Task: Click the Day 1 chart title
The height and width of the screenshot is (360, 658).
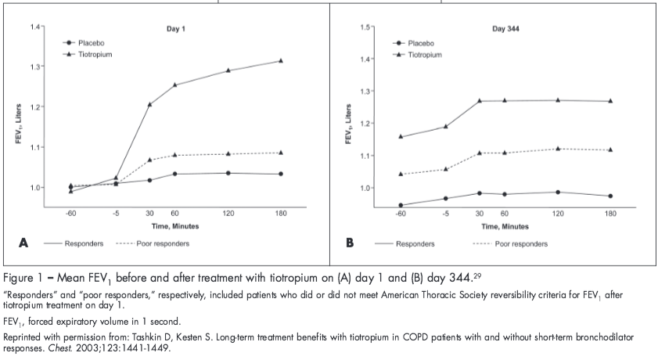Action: pos(175,28)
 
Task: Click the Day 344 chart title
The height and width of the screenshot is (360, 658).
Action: pos(505,28)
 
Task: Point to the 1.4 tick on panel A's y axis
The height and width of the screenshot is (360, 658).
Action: pos(34,27)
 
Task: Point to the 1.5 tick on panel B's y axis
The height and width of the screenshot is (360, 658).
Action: pos(365,27)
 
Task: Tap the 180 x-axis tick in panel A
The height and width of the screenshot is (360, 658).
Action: pos(280,213)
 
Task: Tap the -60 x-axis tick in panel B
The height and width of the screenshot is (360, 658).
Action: pos(401,213)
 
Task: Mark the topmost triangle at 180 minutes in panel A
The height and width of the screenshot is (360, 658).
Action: pos(280,61)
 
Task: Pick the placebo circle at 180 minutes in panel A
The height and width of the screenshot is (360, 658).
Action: pos(280,174)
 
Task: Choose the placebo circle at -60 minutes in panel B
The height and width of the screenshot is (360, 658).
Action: pos(401,205)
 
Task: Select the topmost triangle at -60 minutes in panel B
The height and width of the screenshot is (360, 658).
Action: pos(401,137)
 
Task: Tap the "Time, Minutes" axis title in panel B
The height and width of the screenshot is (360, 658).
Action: pos(505,226)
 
